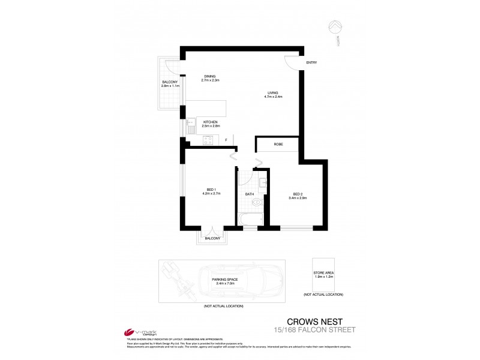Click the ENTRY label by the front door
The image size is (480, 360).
click(311, 62)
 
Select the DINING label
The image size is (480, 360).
click(209, 76)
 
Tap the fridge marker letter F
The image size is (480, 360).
click(226, 140)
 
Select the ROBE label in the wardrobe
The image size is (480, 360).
click(278, 145)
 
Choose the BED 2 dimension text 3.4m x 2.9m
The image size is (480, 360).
click(298, 197)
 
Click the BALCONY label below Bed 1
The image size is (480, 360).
click(212, 238)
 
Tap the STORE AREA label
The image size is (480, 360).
click(323, 273)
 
